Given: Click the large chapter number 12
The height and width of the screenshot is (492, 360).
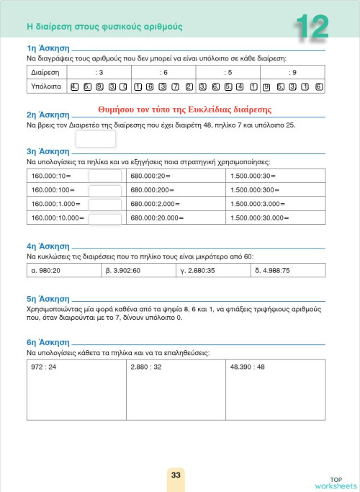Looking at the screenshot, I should [x=312, y=27].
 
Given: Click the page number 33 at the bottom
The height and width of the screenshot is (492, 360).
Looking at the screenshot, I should [x=176, y=475].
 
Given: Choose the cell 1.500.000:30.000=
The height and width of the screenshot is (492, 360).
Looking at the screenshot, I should [x=262, y=217].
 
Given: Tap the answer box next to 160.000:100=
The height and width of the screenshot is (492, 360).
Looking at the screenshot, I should [x=104, y=190].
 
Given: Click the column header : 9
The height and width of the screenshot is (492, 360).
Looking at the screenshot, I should [x=292, y=73].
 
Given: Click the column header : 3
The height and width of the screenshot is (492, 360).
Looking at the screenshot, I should [x=99, y=73].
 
